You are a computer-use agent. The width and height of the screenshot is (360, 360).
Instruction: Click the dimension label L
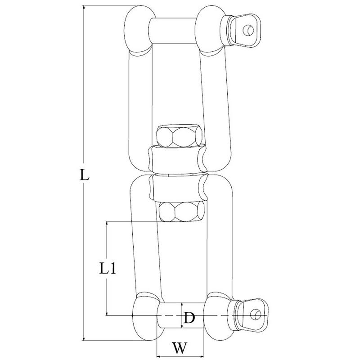84,174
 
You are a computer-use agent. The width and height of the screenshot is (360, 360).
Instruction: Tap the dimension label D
189,318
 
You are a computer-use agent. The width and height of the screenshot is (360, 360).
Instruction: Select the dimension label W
180,348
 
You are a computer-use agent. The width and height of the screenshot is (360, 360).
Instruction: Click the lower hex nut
182,211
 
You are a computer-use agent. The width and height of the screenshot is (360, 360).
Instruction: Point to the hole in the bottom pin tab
255,314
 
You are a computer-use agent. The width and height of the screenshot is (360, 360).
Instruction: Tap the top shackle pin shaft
173,31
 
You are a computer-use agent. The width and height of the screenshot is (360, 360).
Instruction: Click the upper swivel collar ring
177,159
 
